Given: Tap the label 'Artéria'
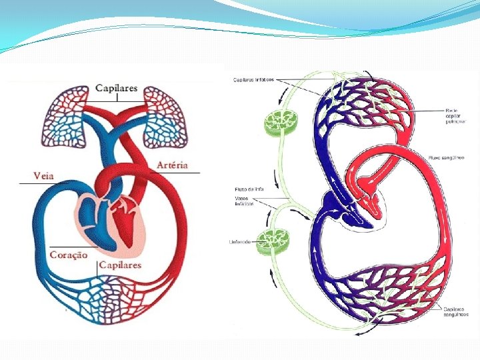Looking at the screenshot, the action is point(172,165).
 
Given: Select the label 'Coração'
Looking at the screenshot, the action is point(68,255).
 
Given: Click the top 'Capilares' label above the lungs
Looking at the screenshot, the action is point(116,88).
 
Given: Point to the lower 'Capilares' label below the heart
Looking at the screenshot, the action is point(119,265).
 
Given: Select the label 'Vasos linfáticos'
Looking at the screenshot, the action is point(245,201).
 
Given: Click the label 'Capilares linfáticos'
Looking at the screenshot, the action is point(253,80).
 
